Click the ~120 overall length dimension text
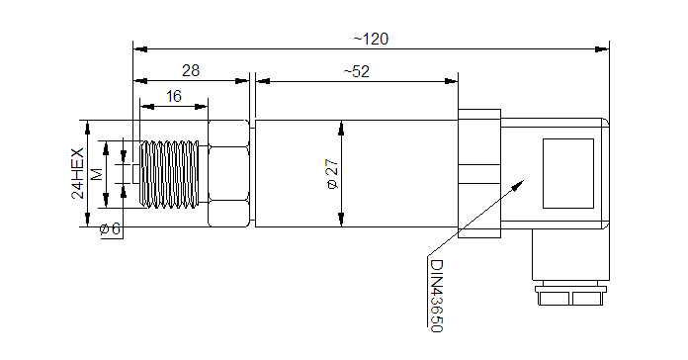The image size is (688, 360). pyautogui.click(x=371, y=40)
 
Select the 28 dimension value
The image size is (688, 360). pyautogui.click(x=191, y=70)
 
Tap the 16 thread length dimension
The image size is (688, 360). pyautogui.click(x=174, y=96)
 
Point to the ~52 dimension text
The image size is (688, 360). pyautogui.click(x=356, y=71)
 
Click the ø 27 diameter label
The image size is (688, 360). pyautogui.click(x=333, y=174)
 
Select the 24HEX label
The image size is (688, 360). pyautogui.click(x=78, y=173)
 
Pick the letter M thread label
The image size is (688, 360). pyautogui.click(x=97, y=174)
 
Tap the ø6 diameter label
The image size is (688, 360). pyautogui.click(x=110, y=228)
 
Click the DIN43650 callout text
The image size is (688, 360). pyautogui.click(x=437, y=296)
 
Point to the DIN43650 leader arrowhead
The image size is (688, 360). pyautogui.click(x=519, y=184)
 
